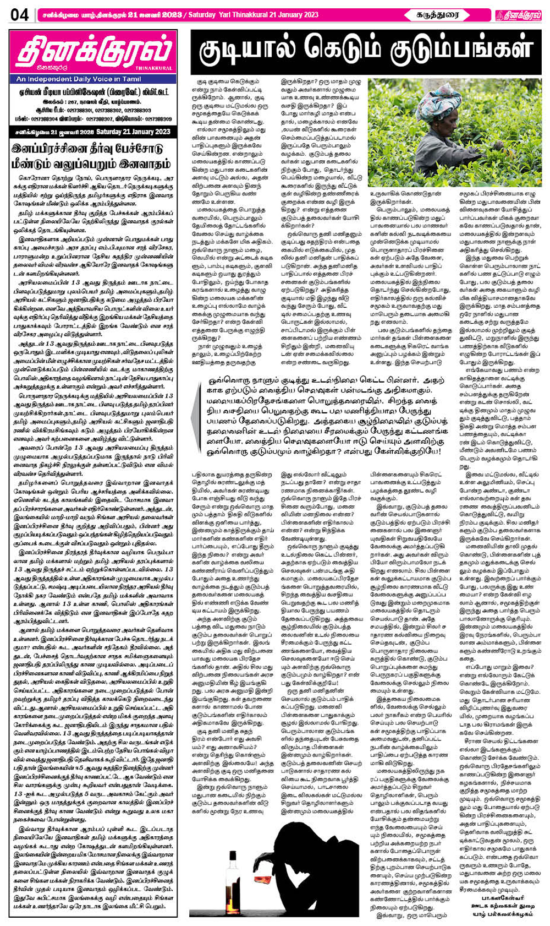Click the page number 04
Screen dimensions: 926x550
pyautogui.click(x=19, y=15)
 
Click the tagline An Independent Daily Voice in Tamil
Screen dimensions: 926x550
pyautogui.click(x=71, y=79)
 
